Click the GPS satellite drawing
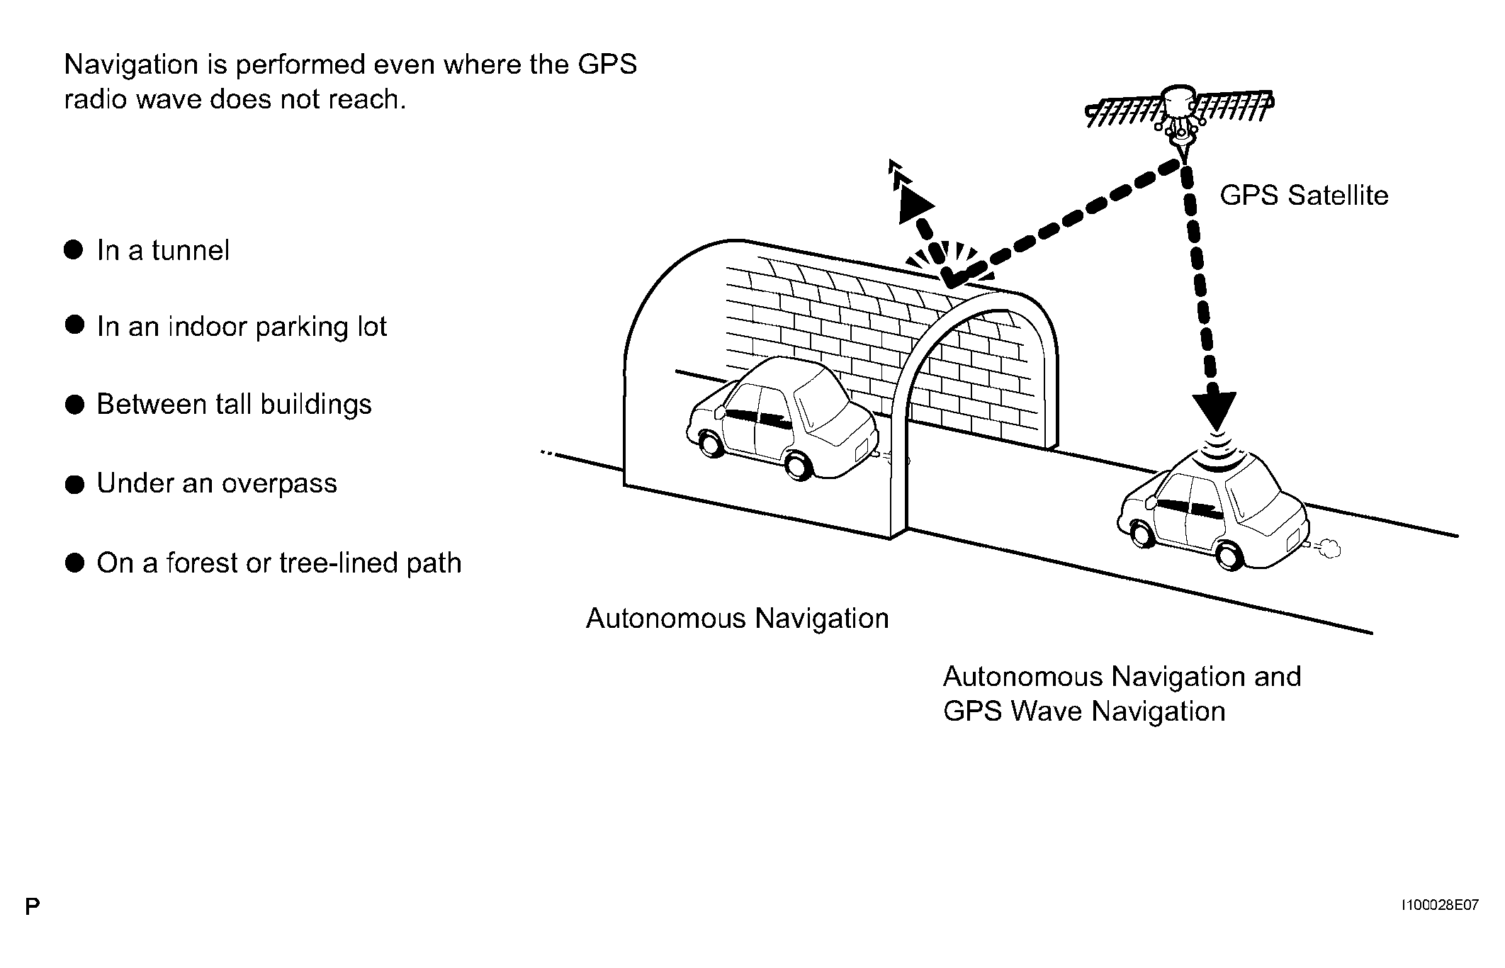tap(1180, 118)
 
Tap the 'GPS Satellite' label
tap(1304, 196)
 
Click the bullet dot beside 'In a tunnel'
tap(74, 250)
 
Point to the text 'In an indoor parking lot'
tap(242, 327)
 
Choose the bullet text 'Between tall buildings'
tap(234, 405)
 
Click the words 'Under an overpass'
tap(217, 483)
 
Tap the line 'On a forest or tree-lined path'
tap(279, 563)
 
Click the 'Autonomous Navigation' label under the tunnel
tap(737, 619)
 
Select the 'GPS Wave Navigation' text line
tap(1084, 711)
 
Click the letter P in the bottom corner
tap(32, 906)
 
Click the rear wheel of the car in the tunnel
tap(800, 466)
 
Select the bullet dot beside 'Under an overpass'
tap(74, 485)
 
